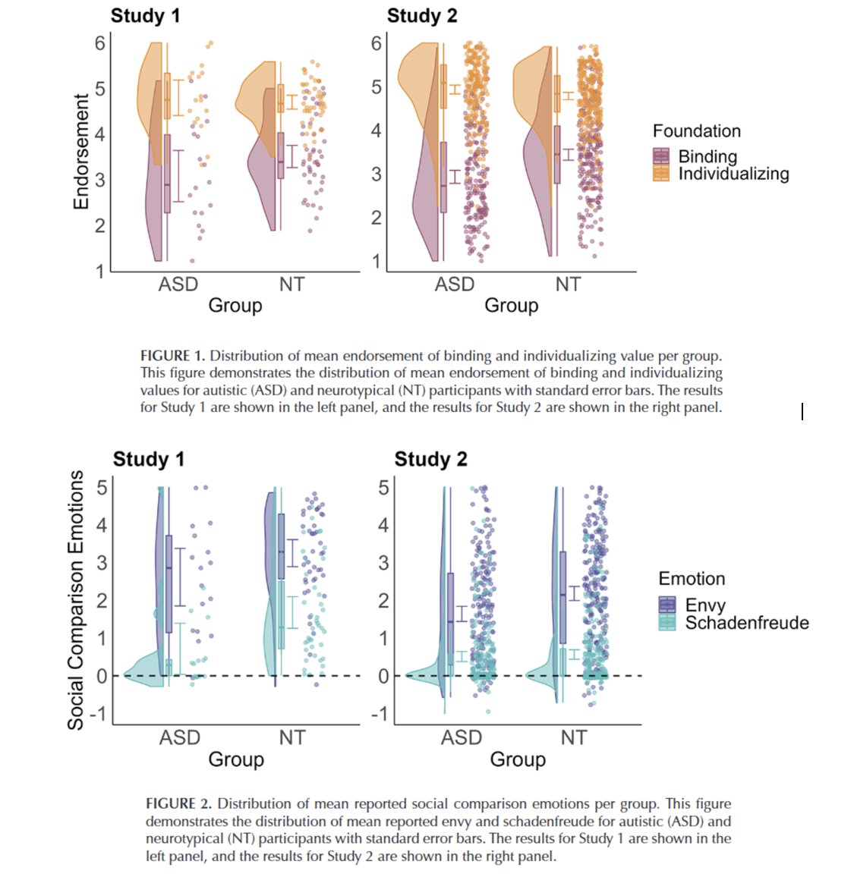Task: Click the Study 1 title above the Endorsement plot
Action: (145, 16)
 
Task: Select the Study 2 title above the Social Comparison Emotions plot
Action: (430, 459)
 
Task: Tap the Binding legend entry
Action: (707, 156)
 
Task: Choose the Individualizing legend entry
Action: (733, 174)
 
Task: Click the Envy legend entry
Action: (705, 605)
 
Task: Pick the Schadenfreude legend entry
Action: (746, 623)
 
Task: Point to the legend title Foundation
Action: (696, 131)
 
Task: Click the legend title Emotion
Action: (692, 579)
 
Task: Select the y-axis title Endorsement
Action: (81, 152)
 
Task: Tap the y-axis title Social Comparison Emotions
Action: (76, 599)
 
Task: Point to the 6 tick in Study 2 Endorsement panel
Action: (376, 43)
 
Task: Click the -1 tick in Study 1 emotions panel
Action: (97, 714)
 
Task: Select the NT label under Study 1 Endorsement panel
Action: (291, 284)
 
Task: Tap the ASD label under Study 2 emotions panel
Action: (462, 737)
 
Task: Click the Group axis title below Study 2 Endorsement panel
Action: (511, 306)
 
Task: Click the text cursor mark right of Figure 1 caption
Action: (802, 411)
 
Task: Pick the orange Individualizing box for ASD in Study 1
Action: (167, 96)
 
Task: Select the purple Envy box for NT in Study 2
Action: (563, 597)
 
